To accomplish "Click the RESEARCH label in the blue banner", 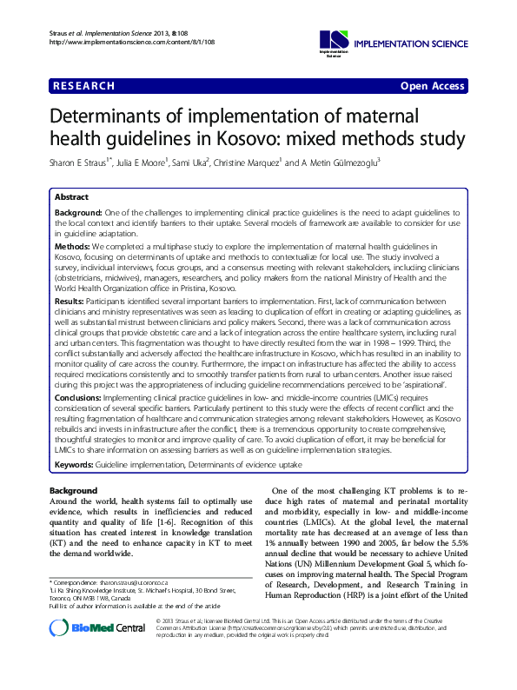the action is pyautogui.click(x=84, y=86).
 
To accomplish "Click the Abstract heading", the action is pyautogui.click(x=71, y=197).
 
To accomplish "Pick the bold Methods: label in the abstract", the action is pyautogui.click(x=75, y=248).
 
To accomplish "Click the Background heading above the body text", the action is pyautogui.click(x=73, y=492).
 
